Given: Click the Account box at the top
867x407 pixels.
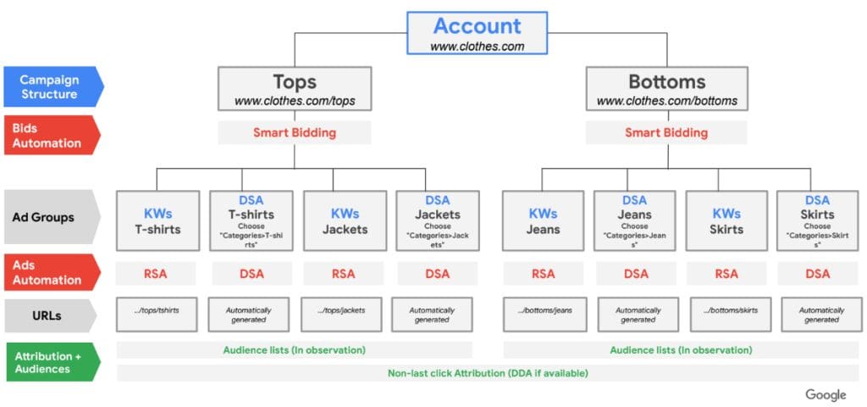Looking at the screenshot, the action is (x=478, y=33).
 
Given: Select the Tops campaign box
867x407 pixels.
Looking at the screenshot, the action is (x=294, y=88).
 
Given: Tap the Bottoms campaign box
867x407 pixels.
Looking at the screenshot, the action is (x=667, y=88).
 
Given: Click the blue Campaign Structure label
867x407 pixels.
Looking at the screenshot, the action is (x=53, y=86).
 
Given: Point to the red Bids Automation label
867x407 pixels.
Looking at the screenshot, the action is (x=52, y=135).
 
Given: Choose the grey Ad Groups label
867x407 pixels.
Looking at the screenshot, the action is (x=52, y=217).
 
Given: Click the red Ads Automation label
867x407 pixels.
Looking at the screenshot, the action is (x=52, y=272).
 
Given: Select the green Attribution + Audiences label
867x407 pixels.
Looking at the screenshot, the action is (x=53, y=362).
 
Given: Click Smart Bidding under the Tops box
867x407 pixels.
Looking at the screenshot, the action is (x=294, y=133).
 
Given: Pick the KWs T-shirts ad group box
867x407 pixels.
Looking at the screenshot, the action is (x=157, y=221).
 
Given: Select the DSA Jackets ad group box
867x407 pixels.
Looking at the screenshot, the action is (x=438, y=221).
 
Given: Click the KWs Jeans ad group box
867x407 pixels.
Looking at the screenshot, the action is (x=543, y=221).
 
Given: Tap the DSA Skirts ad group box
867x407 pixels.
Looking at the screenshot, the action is (x=817, y=221).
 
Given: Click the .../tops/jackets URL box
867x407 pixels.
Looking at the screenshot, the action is (x=341, y=315).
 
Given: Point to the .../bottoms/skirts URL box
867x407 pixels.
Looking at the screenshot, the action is (x=731, y=315).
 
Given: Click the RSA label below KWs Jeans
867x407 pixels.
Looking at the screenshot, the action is (x=543, y=274).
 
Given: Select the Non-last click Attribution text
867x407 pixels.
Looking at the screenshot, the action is (x=488, y=373).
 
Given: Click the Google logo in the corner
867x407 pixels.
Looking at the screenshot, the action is (x=826, y=395).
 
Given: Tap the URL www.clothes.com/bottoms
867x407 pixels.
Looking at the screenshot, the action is (x=667, y=102).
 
